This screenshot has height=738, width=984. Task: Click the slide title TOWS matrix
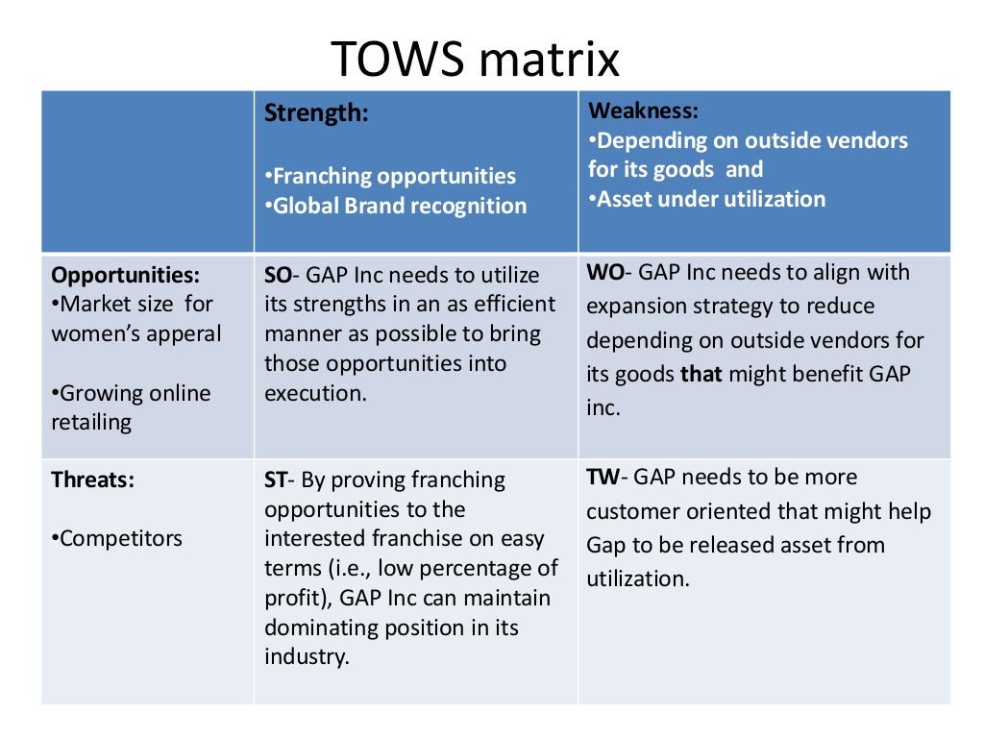point(476,60)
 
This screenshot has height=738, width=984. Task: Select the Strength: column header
point(316,113)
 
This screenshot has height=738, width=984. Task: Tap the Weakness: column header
point(643,110)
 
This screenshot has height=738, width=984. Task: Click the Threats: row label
point(92,480)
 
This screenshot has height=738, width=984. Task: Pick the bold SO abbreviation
point(278,275)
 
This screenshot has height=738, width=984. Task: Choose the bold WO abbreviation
point(604,272)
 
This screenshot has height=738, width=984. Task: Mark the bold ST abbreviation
point(277,480)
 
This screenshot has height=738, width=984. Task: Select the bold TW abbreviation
point(605,477)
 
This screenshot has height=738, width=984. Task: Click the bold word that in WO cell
point(701,374)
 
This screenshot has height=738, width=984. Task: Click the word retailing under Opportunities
point(92,423)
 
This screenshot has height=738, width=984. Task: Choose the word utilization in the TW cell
point(636,578)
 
